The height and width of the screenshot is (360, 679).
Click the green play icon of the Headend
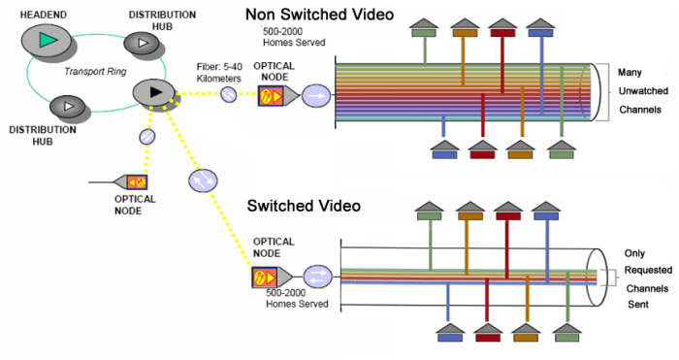tap(47, 40)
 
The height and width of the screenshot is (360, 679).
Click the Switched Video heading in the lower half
tap(304, 206)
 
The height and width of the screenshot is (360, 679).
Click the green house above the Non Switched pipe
tap(423, 27)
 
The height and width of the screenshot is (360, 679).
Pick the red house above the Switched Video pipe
tap(504, 212)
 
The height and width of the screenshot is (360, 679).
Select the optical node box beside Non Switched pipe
tap(271, 96)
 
